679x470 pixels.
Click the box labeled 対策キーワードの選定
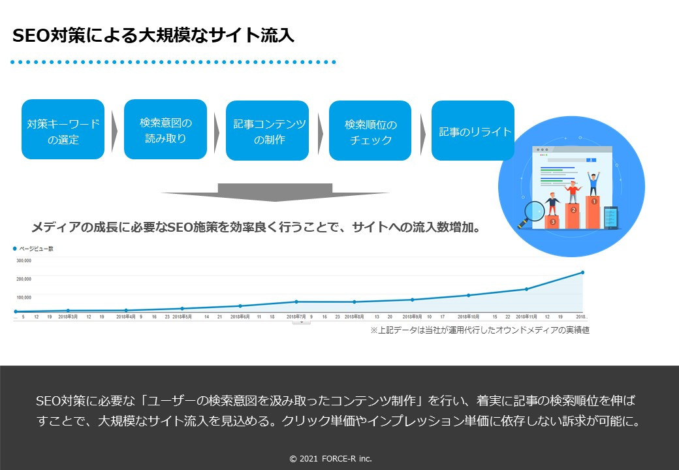(63, 129)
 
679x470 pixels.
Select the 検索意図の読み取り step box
(165, 129)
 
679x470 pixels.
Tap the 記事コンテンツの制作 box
(267, 130)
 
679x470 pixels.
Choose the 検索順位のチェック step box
(370, 130)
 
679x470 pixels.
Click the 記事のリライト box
(473, 130)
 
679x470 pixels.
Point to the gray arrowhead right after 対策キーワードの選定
(114, 130)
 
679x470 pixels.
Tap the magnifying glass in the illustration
(533, 213)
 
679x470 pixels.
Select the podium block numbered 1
(593, 210)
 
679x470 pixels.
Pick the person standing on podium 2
(573, 191)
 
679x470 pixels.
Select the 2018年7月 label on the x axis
(296, 317)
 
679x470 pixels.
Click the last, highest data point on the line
(582, 272)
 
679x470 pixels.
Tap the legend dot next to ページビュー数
(15, 249)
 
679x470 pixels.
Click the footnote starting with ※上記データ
(479, 330)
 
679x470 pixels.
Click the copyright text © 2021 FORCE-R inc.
(330, 459)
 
